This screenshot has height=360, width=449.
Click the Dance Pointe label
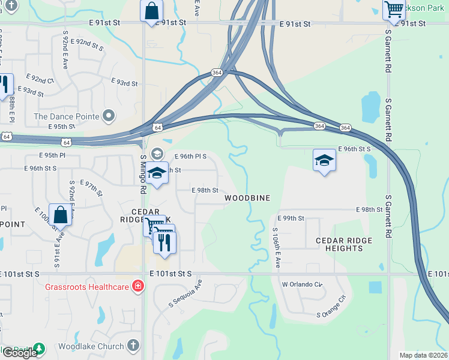click(67, 116)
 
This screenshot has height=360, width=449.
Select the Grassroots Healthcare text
click(88, 287)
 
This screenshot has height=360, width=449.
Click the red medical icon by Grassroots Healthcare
click(138, 286)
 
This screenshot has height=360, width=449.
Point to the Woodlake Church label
click(91, 346)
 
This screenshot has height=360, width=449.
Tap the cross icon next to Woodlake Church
click(133, 346)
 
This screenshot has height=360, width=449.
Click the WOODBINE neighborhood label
click(247, 198)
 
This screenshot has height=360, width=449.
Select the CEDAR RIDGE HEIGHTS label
click(344, 245)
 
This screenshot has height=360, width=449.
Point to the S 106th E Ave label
click(277, 247)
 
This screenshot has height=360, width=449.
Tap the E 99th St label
click(291, 218)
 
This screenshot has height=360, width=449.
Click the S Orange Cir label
click(333, 307)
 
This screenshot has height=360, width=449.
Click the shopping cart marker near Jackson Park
click(394, 9)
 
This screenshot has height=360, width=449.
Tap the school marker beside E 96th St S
click(324, 160)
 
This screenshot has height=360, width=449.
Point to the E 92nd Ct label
click(40, 79)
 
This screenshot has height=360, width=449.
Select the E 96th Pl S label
click(190, 156)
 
